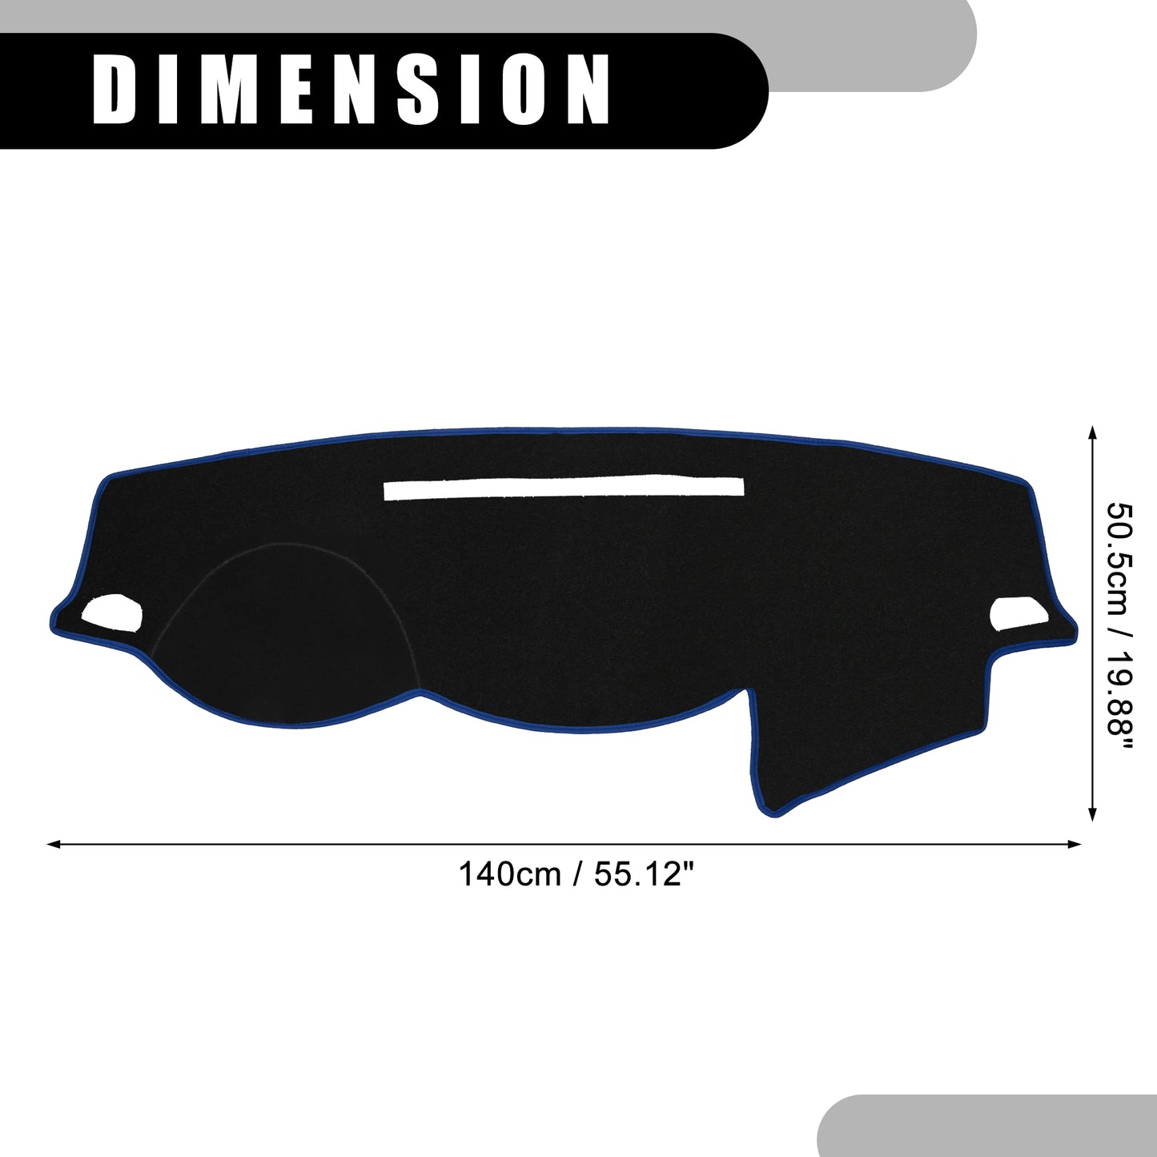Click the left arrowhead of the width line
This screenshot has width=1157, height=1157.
pyautogui.click(x=54, y=845)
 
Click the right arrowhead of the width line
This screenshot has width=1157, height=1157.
pyautogui.click(x=1074, y=845)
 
